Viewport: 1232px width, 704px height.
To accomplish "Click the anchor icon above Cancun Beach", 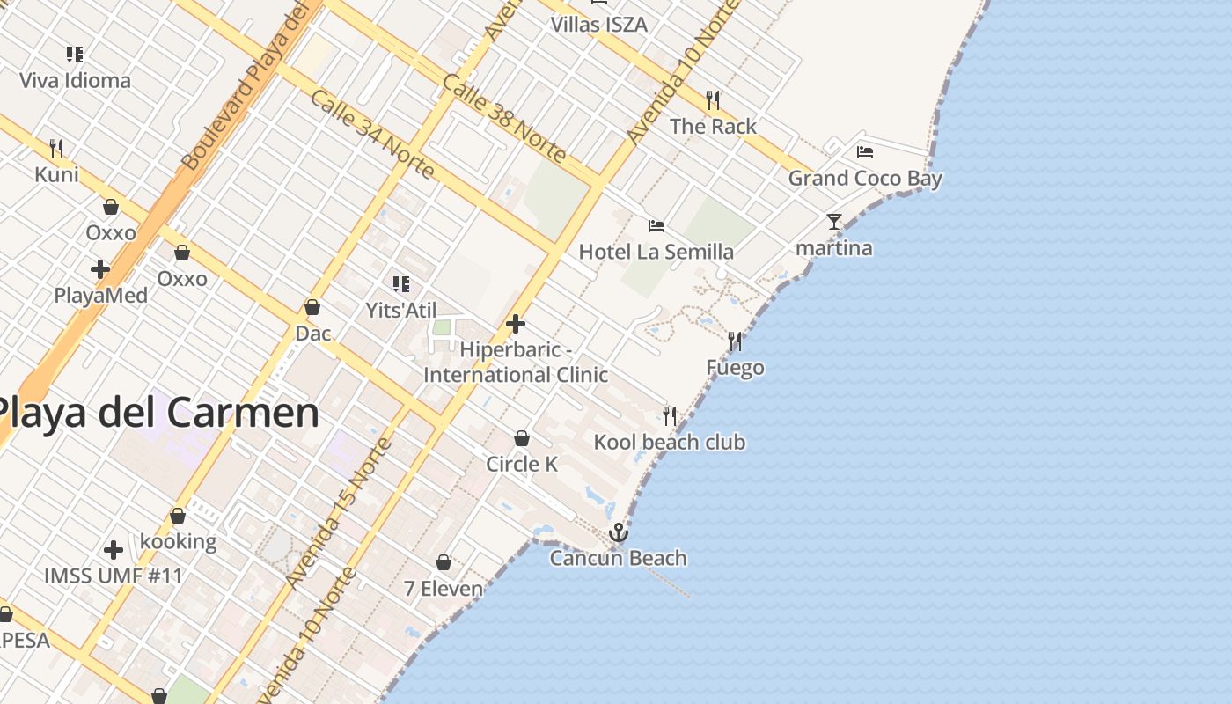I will tap(619, 532).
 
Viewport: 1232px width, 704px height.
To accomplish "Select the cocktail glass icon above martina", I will tap(834, 222).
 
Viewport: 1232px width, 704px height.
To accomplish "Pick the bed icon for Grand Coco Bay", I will tap(865, 151).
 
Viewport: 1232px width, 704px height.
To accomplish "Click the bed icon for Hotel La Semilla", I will tap(656, 225).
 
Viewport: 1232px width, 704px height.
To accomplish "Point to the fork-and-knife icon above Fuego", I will tap(735, 341).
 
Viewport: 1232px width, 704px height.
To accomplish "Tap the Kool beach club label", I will tap(670, 442).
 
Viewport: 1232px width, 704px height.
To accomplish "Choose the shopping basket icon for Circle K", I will tap(522, 437).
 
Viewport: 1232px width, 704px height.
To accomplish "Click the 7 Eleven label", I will tap(444, 588).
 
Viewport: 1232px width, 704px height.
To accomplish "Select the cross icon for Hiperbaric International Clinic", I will tap(516, 324).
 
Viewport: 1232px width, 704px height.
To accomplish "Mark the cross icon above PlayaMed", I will tap(100, 268).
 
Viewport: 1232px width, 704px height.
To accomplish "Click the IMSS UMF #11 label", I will tap(114, 576).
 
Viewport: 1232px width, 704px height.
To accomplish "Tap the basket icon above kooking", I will tap(178, 516).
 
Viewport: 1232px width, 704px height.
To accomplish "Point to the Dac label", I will tap(312, 334).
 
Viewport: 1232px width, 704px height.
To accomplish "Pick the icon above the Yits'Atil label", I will tap(401, 283).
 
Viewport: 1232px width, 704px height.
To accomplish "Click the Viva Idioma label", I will tap(75, 80).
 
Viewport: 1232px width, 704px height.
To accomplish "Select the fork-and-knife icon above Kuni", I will tap(56, 148).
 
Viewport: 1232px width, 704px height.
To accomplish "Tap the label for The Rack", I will tap(713, 126).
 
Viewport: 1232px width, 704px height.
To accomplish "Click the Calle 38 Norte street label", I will tap(504, 118).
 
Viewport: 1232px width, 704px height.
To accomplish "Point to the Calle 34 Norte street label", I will tap(372, 134).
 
